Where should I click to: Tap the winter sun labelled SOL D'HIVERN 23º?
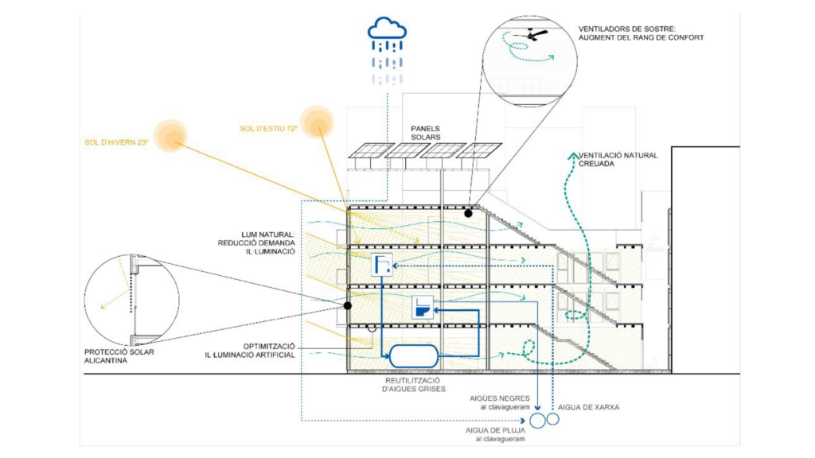(x=170, y=135)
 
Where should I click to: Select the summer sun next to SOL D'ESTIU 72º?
(x=318, y=121)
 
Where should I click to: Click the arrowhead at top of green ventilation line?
(x=570, y=156)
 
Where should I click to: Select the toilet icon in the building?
(x=422, y=308)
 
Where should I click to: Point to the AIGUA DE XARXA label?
(x=590, y=406)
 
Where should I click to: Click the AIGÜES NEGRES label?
(x=499, y=401)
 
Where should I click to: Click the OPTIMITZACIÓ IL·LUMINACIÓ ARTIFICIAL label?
(x=259, y=350)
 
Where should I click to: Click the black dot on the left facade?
(x=348, y=305)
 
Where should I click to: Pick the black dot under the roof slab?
(x=469, y=213)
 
